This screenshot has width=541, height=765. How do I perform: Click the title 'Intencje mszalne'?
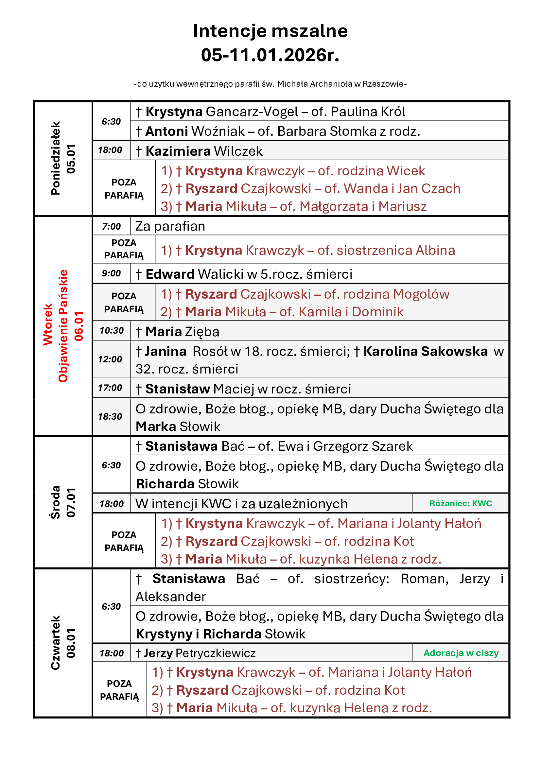tap(270, 31)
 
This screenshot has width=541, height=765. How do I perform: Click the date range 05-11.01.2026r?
tap(270, 55)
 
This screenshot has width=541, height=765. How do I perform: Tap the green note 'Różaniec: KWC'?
tap(461, 503)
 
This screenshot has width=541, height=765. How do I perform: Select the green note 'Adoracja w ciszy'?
tap(461, 653)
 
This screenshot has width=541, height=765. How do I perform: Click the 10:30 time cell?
tap(112, 331)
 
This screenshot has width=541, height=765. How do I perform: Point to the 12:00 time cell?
tap(110, 359)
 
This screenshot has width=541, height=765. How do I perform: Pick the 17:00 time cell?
tap(110, 388)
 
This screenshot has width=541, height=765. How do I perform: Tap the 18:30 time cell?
tap(110, 416)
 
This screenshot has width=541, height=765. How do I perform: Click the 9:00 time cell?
tap(111, 273)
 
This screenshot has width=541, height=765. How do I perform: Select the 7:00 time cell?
tap(111, 227)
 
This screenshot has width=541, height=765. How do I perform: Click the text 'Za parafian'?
tap(170, 226)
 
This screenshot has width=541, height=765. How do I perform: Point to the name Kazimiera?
tap(178, 151)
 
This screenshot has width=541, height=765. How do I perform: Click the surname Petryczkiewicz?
tap(216, 653)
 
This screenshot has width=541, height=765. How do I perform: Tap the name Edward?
tap(170, 274)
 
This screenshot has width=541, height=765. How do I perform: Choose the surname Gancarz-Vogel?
tap(252, 112)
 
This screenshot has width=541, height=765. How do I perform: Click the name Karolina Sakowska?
tap(426, 352)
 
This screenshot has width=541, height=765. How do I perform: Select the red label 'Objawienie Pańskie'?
tap(63, 325)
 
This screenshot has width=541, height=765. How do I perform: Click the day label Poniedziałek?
tap(56, 158)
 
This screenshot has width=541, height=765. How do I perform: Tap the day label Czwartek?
tap(56, 642)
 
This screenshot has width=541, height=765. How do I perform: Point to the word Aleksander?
tap(170, 597)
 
